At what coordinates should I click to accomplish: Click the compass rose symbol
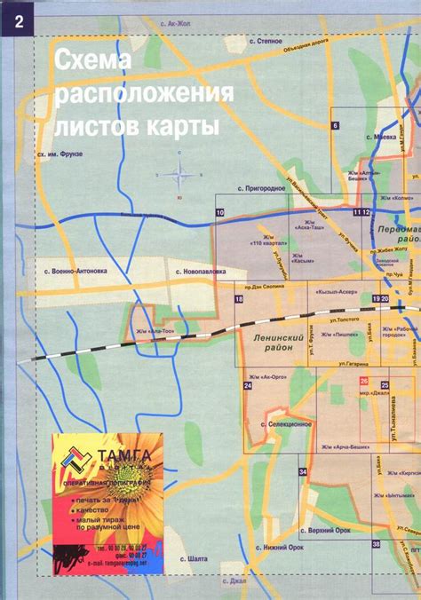point(179,176)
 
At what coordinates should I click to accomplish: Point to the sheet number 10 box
point(219,213)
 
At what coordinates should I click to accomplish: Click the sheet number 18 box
point(239,299)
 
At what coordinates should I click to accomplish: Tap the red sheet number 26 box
point(364,382)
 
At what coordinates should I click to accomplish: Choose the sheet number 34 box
point(303,471)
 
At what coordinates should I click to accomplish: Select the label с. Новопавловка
point(201,271)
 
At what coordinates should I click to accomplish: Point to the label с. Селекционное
point(285,424)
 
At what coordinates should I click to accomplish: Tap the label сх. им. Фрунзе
point(60,154)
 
